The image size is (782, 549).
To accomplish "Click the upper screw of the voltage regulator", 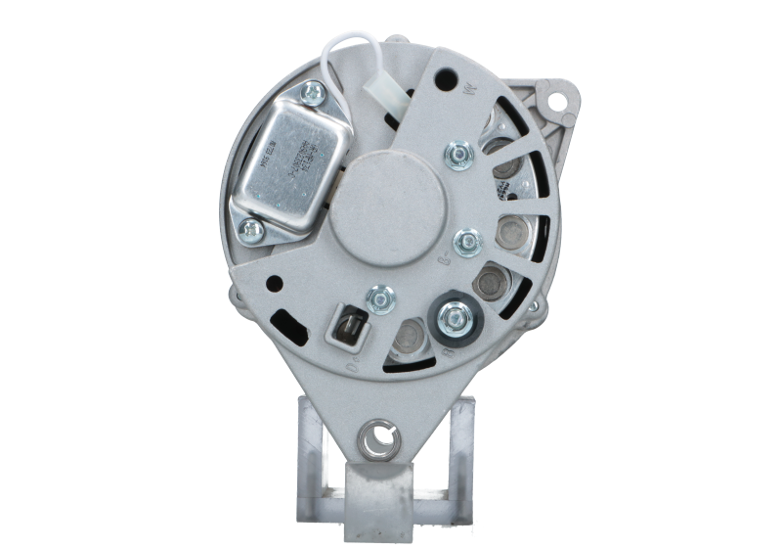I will point(314,93).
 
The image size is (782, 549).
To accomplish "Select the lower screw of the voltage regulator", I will point(250,229).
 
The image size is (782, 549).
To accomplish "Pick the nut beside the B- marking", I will point(468,240).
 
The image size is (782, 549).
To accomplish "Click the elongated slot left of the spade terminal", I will point(286,321).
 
